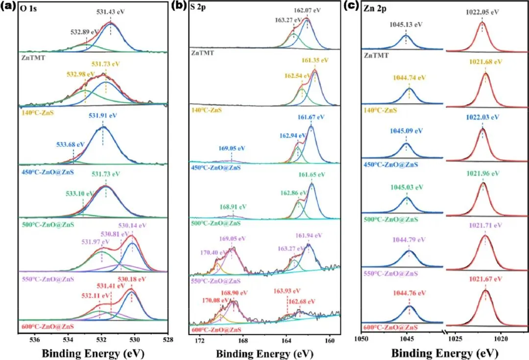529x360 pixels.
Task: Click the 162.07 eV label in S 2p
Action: [x=307, y=10]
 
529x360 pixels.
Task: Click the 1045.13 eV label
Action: [x=406, y=23]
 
